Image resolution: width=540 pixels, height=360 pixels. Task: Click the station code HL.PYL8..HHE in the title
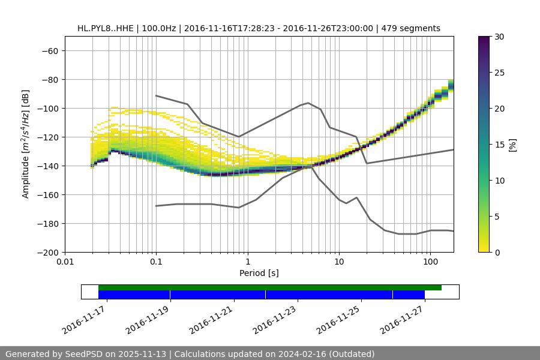coord(106,28)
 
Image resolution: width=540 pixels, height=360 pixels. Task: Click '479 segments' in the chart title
coord(412,28)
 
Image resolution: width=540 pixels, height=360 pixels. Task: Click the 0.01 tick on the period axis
coord(65,262)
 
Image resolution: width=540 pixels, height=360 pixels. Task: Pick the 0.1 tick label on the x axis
coord(156,262)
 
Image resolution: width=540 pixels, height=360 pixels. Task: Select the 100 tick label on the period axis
coord(430,262)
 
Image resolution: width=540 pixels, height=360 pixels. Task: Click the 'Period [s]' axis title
coord(259,273)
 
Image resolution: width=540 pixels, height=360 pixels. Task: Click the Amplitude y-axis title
coord(26,144)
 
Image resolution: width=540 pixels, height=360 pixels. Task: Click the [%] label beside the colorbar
coord(512,145)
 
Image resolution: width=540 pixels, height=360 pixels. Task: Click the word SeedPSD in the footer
coord(85,354)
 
